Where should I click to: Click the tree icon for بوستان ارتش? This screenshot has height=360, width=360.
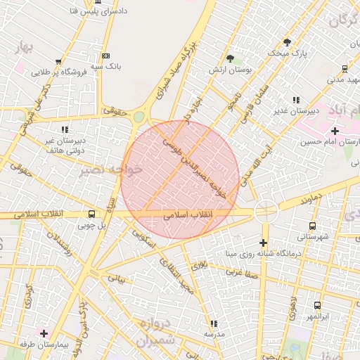pyautogui.click(x=230, y=58)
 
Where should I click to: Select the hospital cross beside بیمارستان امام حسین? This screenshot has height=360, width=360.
pyautogui.click(x=335, y=131)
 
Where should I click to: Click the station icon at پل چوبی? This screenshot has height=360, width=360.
pyautogui.click(x=91, y=214)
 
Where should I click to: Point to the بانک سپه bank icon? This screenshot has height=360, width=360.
pyautogui.click(x=105, y=56)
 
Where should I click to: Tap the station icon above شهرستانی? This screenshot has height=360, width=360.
pyautogui.click(x=312, y=226)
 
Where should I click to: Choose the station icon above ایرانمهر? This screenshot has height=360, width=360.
pyautogui.click(x=317, y=305)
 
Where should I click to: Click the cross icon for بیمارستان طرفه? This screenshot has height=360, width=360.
pyautogui.click(x=44, y=333)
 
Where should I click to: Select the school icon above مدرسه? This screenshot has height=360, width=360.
pyautogui.click(x=214, y=323)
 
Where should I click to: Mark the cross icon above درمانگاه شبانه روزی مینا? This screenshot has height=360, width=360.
pyautogui.click(x=263, y=243)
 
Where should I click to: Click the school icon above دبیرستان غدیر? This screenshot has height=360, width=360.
pyautogui.click(x=296, y=100)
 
